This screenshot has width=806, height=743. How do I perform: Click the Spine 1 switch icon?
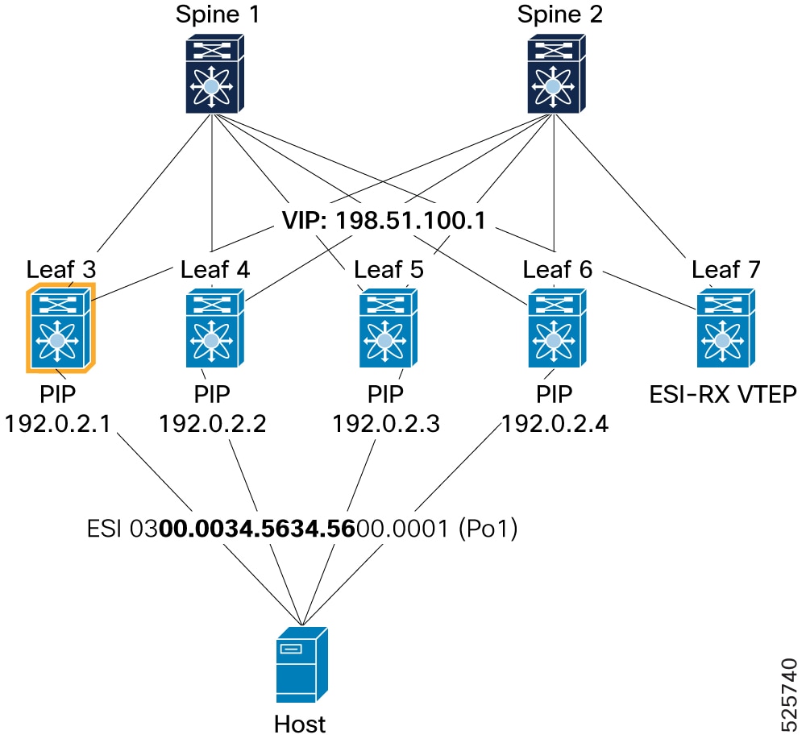coord(214,73)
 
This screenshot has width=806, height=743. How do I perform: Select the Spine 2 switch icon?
coord(556,73)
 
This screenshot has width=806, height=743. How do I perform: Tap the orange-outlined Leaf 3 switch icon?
coord(60,327)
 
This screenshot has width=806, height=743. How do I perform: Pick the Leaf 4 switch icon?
coord(214,328)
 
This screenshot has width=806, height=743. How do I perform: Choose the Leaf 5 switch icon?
coord(388,328)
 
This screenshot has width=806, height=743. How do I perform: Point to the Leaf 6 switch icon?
coord(557,328)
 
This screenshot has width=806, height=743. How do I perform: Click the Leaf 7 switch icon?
coord(726,328)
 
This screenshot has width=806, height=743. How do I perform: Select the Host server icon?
coord(301,664)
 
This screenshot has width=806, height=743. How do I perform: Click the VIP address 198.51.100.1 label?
coord(384,220)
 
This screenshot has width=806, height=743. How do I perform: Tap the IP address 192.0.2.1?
coord(57,424)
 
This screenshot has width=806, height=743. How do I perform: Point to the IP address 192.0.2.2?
coord(212,424)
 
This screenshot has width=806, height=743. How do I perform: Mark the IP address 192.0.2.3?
coord(386,424)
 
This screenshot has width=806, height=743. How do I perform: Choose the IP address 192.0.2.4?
coord(555,424)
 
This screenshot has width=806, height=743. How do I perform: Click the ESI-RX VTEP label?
coord(723,395)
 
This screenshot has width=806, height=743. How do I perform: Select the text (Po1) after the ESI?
coord(488,528)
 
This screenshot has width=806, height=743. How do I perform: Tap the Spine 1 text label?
coord(217,14)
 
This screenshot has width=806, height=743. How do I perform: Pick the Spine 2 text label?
coord(560,14)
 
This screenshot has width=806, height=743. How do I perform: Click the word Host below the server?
coord(300,724)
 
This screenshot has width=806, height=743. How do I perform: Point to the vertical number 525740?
coord(789,694)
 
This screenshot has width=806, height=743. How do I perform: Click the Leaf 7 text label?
coord(726,269)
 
